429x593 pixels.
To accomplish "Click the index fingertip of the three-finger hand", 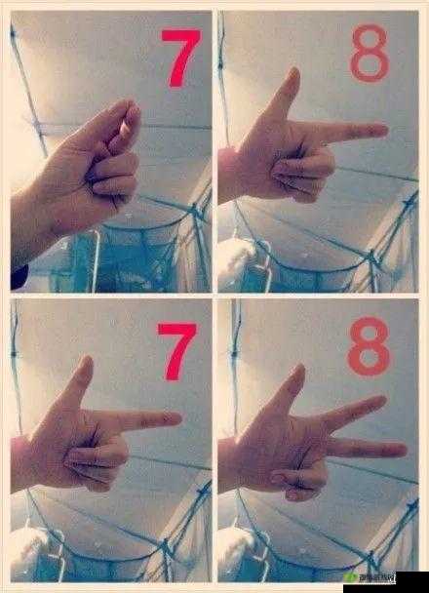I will click(380, 401).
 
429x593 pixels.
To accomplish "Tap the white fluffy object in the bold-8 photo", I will click(234, 546).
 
